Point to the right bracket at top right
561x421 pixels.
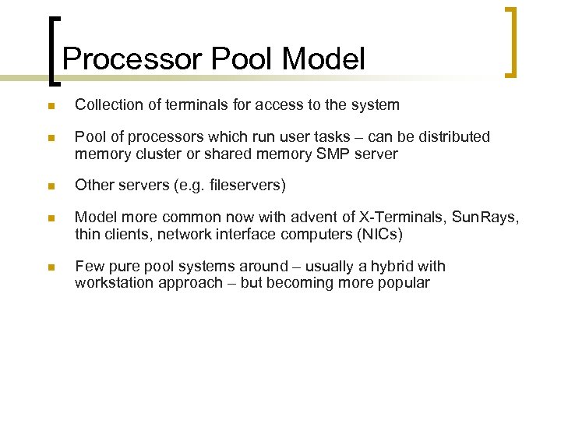click(510, 43)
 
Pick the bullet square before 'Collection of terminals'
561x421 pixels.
click(50, 105)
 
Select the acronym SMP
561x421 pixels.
click(333, 154)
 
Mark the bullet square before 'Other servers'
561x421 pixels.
click(50, 186)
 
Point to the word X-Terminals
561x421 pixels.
click(408, 218)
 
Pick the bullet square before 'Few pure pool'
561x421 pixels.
click(50, 267)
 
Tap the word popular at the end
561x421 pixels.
click(403, 282)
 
